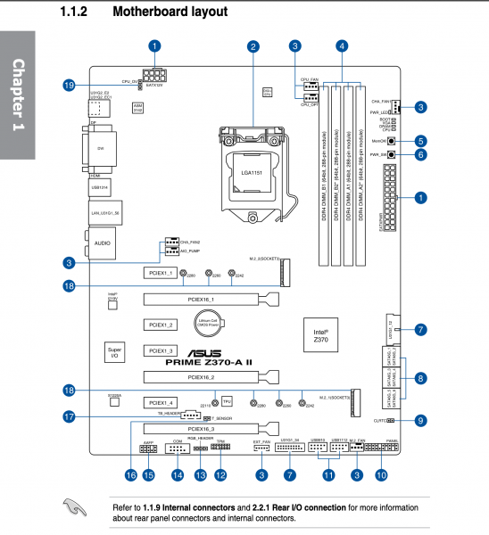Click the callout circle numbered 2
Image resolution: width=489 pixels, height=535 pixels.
253,45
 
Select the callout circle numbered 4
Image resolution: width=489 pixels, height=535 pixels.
343,45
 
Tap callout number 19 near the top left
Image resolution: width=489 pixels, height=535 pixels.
68,85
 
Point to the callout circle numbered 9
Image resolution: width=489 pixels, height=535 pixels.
420,420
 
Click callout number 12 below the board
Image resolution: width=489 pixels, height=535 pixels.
220,475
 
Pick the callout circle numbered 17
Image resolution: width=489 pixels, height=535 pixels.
68,416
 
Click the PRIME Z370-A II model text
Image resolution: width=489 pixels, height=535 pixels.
213,363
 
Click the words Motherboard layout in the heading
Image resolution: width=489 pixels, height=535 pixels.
170,13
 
